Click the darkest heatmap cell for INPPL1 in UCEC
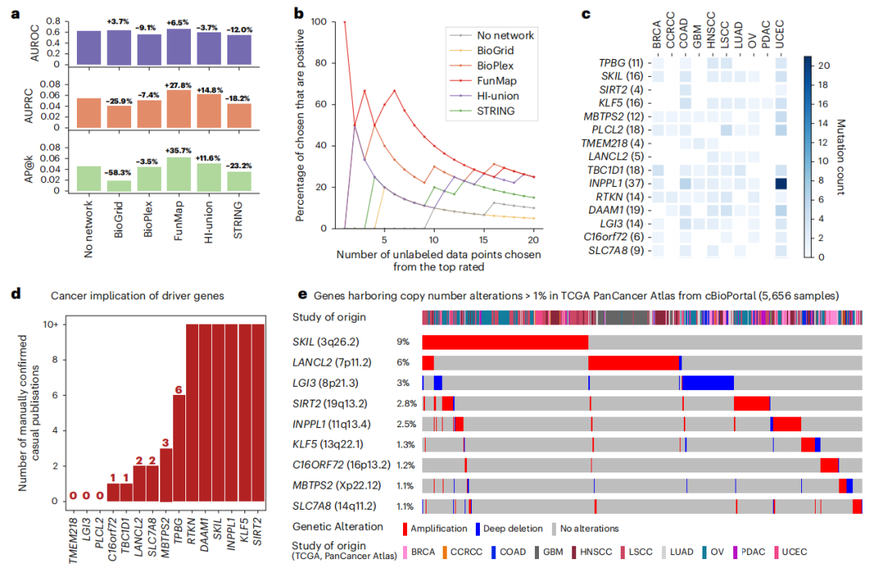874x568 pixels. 780,184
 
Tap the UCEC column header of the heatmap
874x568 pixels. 780,36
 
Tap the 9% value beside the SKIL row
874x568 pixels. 402,342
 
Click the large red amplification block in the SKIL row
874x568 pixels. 505,342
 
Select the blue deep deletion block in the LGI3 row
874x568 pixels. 708,384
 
